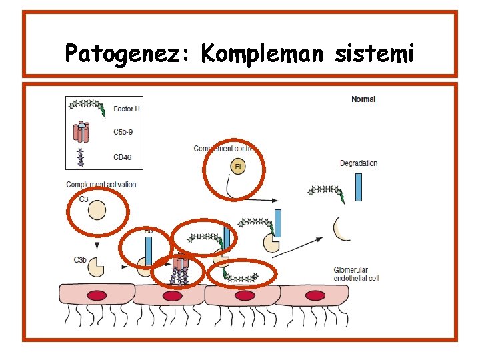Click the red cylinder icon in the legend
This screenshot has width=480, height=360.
tap(81, 133)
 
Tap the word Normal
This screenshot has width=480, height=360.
tap(363, 99)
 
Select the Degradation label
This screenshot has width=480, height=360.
tap(359, 163)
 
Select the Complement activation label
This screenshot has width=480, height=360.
tap(101, 184)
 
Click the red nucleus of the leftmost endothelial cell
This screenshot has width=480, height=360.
tap(98, 295)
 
